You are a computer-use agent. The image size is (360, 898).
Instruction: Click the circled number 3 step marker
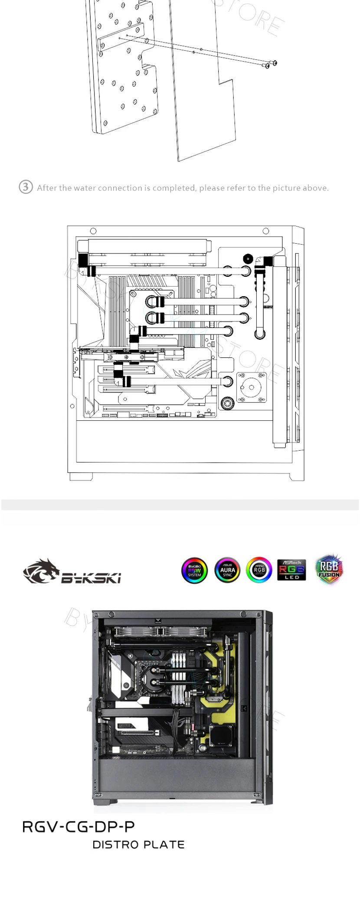[x=26, y=187]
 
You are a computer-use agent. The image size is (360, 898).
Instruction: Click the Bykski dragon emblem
[x=41, y=570]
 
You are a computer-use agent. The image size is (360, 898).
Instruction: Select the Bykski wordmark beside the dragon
[x=91, y=578]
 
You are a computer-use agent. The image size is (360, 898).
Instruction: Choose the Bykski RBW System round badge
[x=194, y=570]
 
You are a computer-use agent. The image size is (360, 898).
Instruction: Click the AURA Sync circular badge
[x=227, y=570]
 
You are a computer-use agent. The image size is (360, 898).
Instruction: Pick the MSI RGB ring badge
[x=259, y=570]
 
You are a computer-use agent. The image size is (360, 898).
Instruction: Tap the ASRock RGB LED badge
[x=291, y=570]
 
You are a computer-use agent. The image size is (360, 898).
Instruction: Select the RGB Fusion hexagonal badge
[x=330, y=569]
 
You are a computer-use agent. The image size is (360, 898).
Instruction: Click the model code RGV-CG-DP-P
[x=79, y=826]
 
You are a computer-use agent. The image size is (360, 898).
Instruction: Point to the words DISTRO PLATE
[x=138, y=845]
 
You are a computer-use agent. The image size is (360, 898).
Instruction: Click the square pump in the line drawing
[x=252, y=387]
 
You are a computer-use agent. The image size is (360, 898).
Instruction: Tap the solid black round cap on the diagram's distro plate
[x=248, y=259]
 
